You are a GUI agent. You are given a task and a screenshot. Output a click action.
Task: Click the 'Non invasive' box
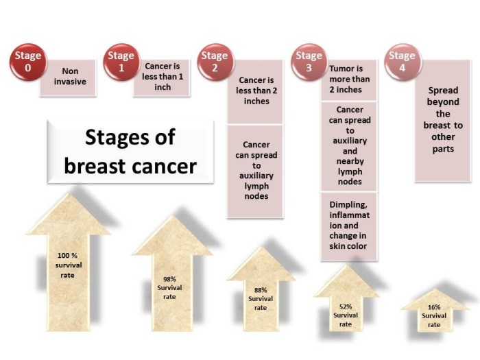[x=71, y=77]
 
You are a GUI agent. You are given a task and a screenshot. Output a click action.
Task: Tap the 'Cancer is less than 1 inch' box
[x=161, y=77]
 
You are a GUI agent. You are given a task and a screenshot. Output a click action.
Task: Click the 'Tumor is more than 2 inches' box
[x=349, y=80]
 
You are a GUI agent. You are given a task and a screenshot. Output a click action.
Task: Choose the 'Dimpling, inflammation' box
[x=349, y=226]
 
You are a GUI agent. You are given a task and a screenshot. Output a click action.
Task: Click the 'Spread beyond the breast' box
[x=442, y=120]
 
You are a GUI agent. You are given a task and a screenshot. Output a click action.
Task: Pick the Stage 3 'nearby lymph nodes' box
[x=349, y=146]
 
